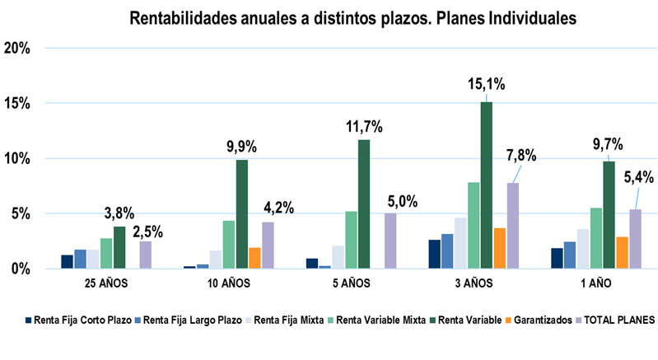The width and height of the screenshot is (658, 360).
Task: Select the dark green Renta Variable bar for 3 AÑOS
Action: (487, 185)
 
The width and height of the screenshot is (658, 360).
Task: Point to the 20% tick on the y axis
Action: (17, 49)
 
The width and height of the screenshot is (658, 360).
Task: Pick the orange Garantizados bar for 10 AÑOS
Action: (254, 258)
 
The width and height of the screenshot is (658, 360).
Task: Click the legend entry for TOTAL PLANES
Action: (615, 320)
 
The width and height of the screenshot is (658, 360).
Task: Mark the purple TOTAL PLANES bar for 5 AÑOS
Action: (390, 241)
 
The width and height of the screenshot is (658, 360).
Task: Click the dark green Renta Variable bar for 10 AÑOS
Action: (241, 214)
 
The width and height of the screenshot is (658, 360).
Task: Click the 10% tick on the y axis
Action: (17, 158)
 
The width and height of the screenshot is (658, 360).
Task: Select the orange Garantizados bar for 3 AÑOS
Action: (500, 248)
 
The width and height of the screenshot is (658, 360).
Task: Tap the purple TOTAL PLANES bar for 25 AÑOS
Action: (145, 255)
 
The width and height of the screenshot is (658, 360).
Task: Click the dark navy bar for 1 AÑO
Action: (557, 258)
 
